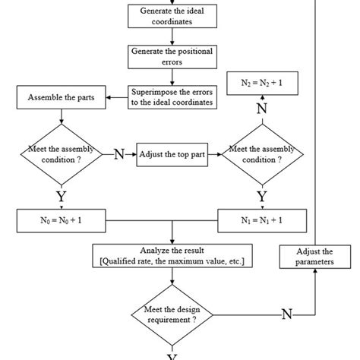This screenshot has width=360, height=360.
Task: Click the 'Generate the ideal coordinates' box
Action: pyautogui.click(x=172, y=17)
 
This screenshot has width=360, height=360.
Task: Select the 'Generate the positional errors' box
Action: pyautogui.click(x=172, y=56)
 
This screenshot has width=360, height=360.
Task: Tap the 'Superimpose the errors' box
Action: pyautogui.click(x=172, y=96)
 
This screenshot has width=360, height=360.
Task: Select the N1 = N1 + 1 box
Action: pyautogui.click(x=261, y=221)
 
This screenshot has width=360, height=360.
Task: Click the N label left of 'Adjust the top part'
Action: pyautogui.click(x=118, y=154)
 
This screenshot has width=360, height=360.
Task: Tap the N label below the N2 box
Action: pyautogui.click(x=262, y=109)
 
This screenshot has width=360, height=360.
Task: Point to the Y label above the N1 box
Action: pyautogui.click(x=262, y=197)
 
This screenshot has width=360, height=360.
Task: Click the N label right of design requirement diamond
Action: pyautogui.click(x=287, y=314)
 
